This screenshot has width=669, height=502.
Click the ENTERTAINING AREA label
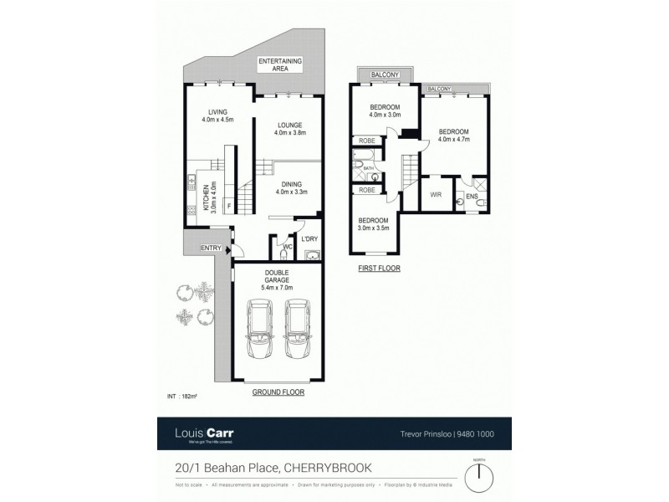(279, 66)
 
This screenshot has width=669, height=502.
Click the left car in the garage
(258, 329)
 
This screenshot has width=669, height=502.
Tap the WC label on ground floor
(285, 247)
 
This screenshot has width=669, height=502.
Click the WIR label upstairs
(436, 194)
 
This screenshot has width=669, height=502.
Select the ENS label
(472, 197)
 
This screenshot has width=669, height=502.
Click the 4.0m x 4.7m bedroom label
(453, 136)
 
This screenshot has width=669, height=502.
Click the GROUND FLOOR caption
(275, 392)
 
